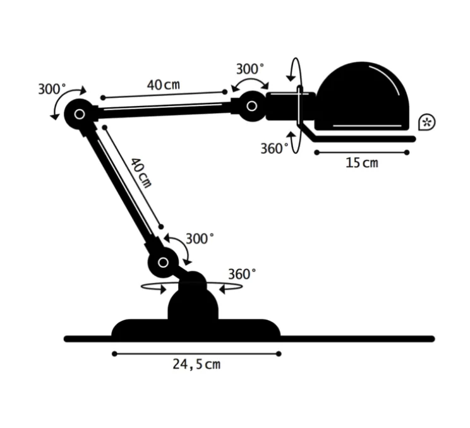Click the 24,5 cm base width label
pyautogui.click(x=196, y=364)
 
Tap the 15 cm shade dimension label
pyautogui.click(x=362, y=163)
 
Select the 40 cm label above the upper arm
pyautogui.click(x=164, y=85)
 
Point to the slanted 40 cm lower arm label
pyautogui.click(x=141, y=173)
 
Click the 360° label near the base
pyautogui.click(x=242, y=274)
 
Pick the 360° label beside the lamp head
pyautogui.click(x=274, y=148)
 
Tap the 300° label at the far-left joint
pyautogui.click(x=52, y=89)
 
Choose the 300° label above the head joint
pyautogui.click(x=250, y=69)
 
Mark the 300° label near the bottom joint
pyautogui.click(x=200, y=239)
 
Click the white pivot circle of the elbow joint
pyautogui.click(x=80, y=114)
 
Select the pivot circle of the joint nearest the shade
pyautogui.click(x=252, y=106)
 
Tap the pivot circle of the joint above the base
pyautogui.click(x=164, y=263)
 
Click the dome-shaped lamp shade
pyautogui.click(x=362, y=96)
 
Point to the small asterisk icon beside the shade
pyautogui.click(x=426, y=122)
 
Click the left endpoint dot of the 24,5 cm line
pyautogui.click(x=114, y=354)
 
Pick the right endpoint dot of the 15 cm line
pyautogui.click(x=407, y=153)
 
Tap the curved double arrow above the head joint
pyautogui.click(x=250, y=82)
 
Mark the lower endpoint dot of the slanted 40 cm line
pyautogui.click(x=161, y=227)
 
